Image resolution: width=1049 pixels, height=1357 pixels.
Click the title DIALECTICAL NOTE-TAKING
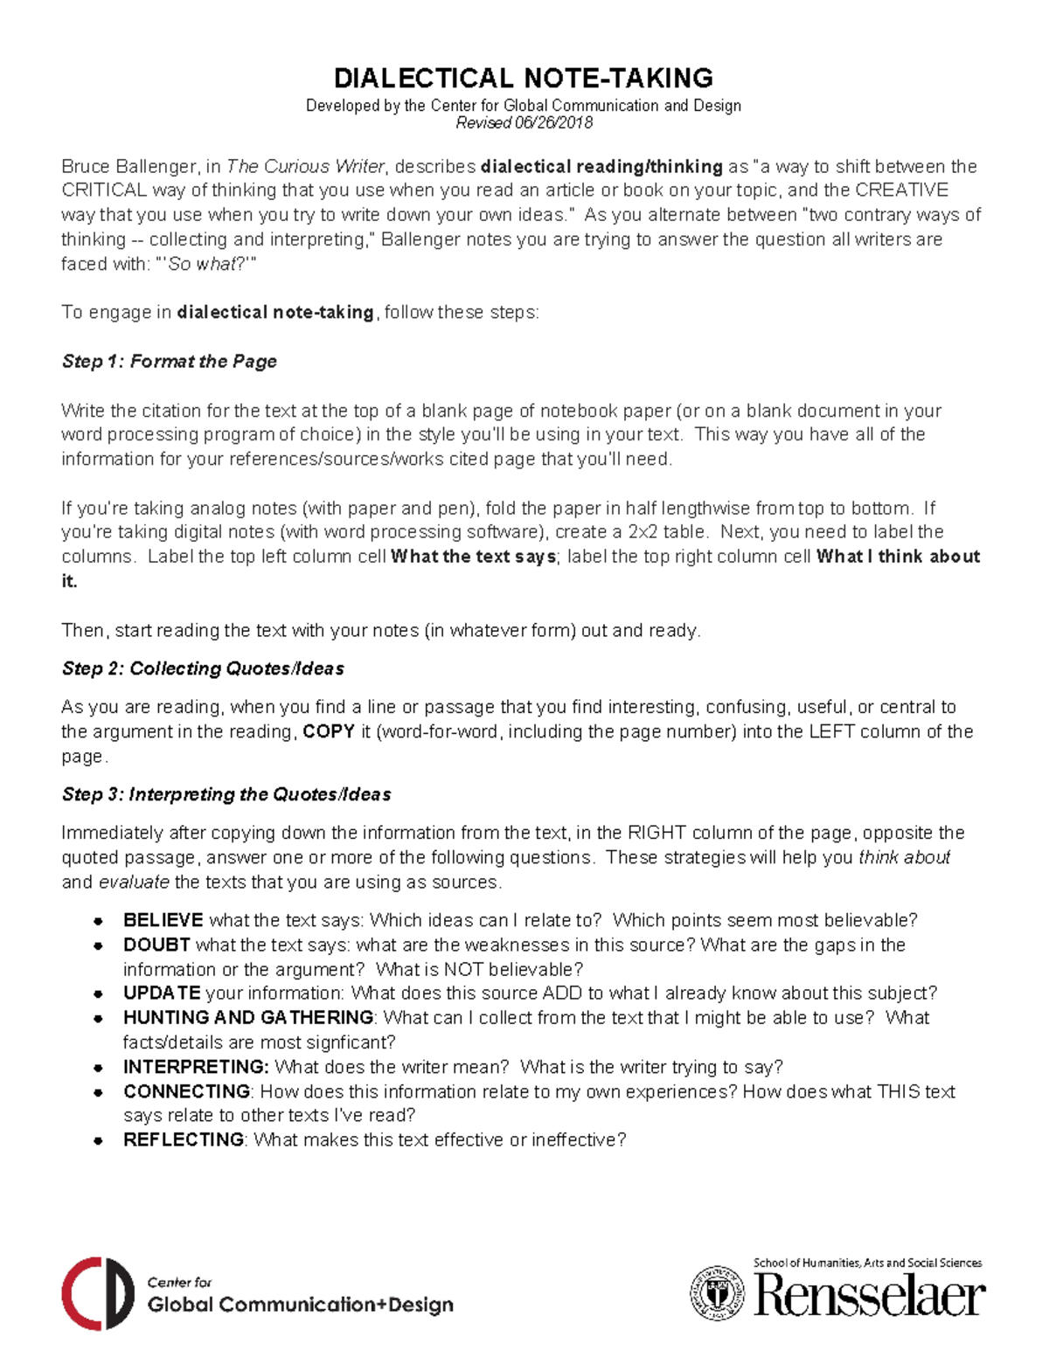pyautogui.click(x=524, y=79)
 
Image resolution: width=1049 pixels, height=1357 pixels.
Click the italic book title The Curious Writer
pyautogui.click(x=305, y=167)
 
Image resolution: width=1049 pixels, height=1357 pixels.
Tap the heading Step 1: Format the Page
pyautogui.click(x=170, y=362)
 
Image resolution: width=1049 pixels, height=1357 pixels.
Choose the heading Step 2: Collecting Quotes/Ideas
pyautogui.click(x=203, y=669)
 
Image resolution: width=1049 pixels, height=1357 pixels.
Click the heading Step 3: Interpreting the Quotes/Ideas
pyautogui.click(x=226, y=795)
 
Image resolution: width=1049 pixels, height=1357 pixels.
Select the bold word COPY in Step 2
pyautogui.click(x=329, y=732)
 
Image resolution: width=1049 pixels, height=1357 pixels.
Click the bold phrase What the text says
pyautogui.click(x=473, y=557)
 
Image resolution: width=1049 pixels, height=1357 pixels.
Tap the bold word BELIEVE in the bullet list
pyautogui.click(x=163, y=921)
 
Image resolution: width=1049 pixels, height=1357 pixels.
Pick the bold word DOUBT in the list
pyautogui.click(x=157, y=945)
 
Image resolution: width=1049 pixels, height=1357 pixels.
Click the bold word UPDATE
pyautogui.click(x=162, y=994)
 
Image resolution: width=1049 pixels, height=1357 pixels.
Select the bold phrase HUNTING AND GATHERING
pyautogui.click(x=248, y=1018)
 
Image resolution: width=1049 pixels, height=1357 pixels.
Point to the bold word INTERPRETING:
pyautogui.click(x=196, y=1068)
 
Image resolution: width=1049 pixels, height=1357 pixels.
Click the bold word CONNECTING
pyautogui.click(x=187, y=1092)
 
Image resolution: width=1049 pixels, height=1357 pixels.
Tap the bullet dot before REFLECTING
pyautogui.click(x=100, y=1141)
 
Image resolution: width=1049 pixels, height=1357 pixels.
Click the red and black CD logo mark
pyautogui.click(x=97, y=1294)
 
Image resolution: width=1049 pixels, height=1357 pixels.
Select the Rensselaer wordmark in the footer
pyautogui.click(x=870, y=1296)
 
